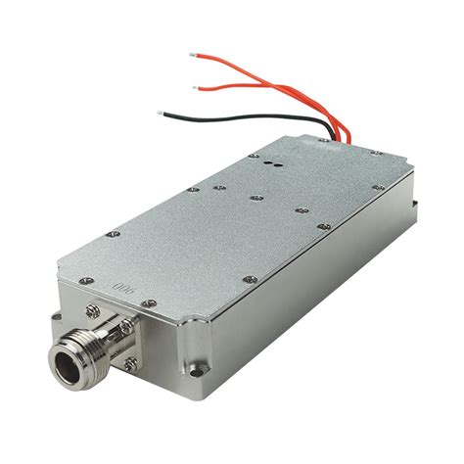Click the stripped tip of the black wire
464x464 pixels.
(x=160, y=113)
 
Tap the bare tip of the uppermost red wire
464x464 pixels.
(x=192, y=55)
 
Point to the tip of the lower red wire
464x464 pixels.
(x=196, y=87)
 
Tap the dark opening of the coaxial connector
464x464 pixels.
(x=67, y=366)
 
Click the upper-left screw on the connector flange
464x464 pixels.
(x=93, y=311)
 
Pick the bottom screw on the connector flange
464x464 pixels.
(x=131, y=363)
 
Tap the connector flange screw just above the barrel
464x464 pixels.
(x=127, y=325)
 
